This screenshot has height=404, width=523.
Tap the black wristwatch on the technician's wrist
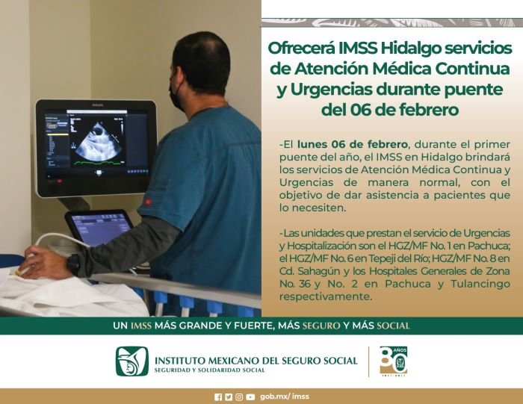click(73, 264)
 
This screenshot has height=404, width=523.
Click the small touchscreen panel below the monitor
click(99, 229)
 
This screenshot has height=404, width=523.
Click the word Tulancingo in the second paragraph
click(479, 284)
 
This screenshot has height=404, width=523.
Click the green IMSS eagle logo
click(131, 362)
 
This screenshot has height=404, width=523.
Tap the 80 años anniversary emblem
click(393, 361)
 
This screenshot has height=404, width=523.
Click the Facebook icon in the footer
click(218, 397)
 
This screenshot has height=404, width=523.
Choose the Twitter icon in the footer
click(229, 397)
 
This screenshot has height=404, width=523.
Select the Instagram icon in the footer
click(239, 397)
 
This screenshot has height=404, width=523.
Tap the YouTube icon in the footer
click(250, 397)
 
